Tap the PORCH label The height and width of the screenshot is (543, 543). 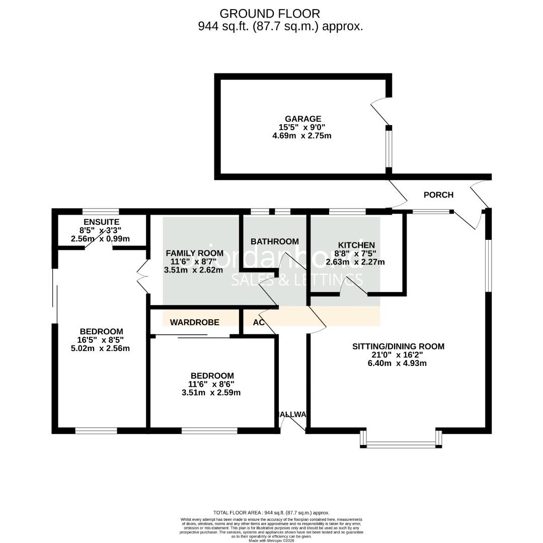click(438, 195)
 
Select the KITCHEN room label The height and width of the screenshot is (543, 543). click(356, 245)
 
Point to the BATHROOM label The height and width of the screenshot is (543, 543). click(275, 241)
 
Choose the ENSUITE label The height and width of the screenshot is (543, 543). click(101, 222)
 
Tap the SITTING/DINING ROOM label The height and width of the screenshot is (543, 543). click(398, 346)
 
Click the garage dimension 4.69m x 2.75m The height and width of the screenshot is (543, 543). click(301, 135)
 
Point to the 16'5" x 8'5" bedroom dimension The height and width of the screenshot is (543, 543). click(101, 340)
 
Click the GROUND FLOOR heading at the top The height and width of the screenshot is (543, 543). click(270, 14)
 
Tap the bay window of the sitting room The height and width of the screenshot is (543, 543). click(401, 444)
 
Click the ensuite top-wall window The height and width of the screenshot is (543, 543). click(101, 212)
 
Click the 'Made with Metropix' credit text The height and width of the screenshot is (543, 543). click(271, 540)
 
